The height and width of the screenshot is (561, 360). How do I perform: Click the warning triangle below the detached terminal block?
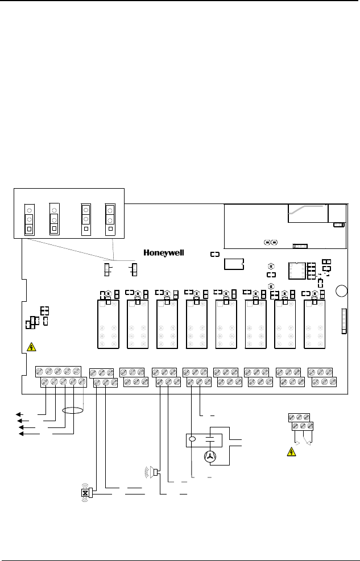(x=291, y=452)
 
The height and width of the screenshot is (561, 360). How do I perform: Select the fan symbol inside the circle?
(x=210, y=456)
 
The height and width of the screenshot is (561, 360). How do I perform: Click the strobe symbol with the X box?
(x=85, y=493)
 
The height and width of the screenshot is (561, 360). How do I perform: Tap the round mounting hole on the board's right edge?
(x=341, y=291)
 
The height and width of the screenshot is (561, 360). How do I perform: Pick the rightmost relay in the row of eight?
(x=315, y=324)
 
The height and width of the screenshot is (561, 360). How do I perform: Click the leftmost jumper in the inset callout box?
(x=27, y=219)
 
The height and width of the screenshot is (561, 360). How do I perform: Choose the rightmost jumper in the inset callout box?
(x=110, y=219)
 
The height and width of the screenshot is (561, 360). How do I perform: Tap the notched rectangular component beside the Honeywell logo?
(x=234, y=264)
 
